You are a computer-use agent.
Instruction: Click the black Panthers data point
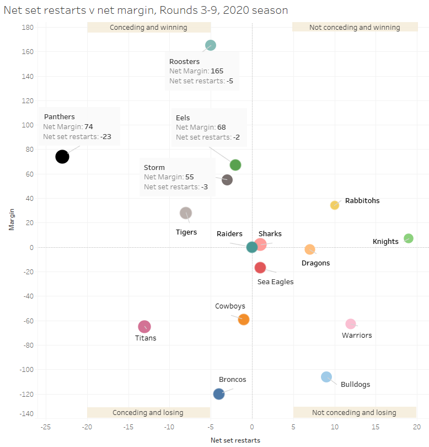tap(62, 157)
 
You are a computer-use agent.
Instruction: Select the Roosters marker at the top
tap(210, 45)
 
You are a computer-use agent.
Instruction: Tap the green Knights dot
tap(408, 238)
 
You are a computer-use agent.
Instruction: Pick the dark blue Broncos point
tap(219, 394)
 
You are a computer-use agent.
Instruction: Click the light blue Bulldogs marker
tap(326, 377)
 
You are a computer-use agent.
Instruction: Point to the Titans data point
tap(144, 327)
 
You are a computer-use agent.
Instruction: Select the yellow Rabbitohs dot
tap(334, 205)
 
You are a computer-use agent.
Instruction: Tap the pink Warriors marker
tap(351, 324)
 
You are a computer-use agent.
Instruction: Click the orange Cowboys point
tap(244, 320)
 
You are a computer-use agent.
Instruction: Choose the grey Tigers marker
tap(186, 213)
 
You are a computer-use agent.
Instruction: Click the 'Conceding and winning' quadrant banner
tap(148, 28)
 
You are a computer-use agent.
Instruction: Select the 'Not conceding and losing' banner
tap(354, 413)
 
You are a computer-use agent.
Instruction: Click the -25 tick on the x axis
tap(46, 427)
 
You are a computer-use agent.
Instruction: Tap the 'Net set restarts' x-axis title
tap(235, 440)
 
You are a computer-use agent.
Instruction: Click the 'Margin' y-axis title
tap(11, 220)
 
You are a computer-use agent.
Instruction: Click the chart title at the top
tap(146, 10)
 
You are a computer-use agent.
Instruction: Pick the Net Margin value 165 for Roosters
tap(217, 71)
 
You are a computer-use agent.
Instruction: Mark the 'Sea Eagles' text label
tap(275, 281)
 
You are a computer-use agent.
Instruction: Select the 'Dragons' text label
tap(315, 263)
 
